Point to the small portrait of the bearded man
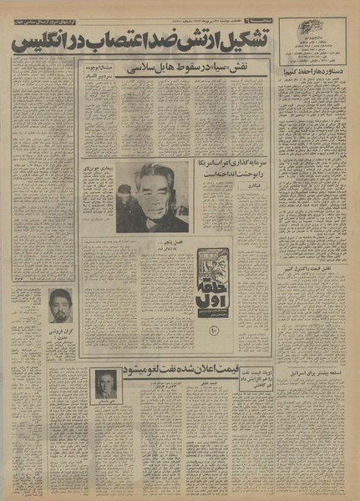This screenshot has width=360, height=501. (59, 306)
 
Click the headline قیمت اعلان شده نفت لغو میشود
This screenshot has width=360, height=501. (196, 368)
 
